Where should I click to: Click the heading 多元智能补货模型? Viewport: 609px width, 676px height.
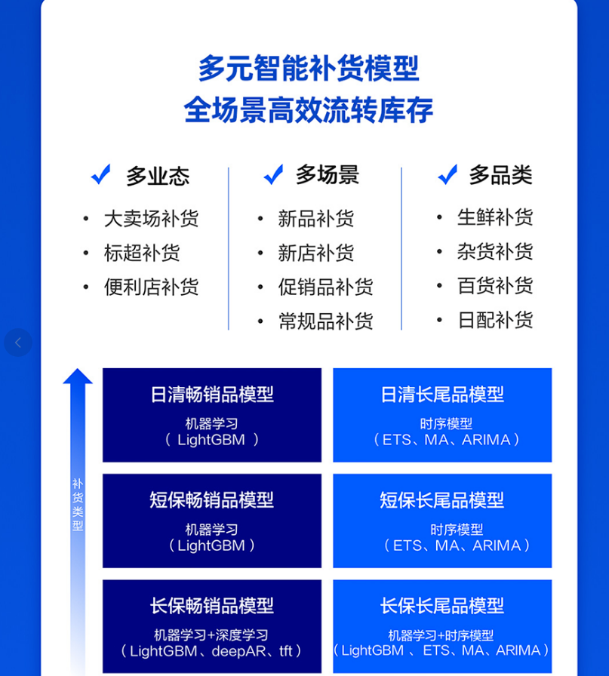(309, 68)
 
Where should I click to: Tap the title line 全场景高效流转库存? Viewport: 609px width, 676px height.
(309, 110)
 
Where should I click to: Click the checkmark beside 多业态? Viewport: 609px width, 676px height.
(101, 174)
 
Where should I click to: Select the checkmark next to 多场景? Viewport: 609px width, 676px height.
(273, 174)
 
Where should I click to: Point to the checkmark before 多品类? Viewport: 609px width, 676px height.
(448, 174)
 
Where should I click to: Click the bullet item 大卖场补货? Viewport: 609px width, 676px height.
(152, 219)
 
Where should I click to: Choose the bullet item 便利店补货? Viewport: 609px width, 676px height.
(152, 287)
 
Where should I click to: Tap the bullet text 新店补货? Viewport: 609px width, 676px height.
(315, 253)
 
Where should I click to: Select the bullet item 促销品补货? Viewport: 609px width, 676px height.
(326, 287)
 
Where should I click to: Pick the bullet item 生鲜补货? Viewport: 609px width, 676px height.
(495, 217)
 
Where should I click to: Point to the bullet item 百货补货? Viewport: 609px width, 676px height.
(495, 286)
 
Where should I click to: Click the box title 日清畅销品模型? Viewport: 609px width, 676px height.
(212, 395)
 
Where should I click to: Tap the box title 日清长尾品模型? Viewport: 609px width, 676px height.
(442, 395)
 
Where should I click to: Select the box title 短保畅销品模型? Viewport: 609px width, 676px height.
(212, 500)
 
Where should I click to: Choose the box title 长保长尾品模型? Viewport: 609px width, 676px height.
(442, 606)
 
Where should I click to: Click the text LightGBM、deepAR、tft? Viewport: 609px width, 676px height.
(211, 651)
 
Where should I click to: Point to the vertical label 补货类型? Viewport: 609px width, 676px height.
(78, 505)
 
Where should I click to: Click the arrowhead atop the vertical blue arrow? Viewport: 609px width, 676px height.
(78, 376)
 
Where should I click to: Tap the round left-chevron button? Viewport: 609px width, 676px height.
(18, 343)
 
